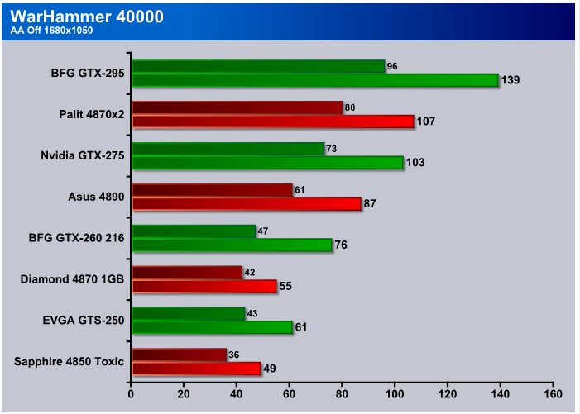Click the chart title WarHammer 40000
pyautogui.click(x=87, y=17)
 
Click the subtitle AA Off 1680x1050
pyautogui.click(x=51, y=31)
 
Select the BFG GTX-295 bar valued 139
pyautogui.click(x=315, y=80)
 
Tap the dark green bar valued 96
pyautogui.click(x=258, y=66)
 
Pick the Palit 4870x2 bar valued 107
pyautogui.click(x=273, y=121)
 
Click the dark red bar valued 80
pyautogui.click(x=237, y=107)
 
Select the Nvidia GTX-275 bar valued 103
pyautogui.click(x=268, y=163)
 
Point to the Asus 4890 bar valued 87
pyautogui.click(x=247, y=204)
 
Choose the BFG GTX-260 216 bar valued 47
pyautogui.click(x=194, y=231)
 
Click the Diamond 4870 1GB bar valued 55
pyautogui.click(x=204, y=286)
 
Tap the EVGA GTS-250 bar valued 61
pyautogui.click(x=213, y=327)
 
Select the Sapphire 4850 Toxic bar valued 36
pyautogui.click(x=180, y=355)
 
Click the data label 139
pyautogui.click(x=510, y=80)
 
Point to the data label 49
pyautogui.click(x=269, y=369)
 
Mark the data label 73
pyautogui.click(x=332, y=149)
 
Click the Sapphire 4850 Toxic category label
pyautogui.click(x=69, y=361)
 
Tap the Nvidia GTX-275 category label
pyautogui.click(x=83, y=155)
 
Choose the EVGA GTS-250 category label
pyautogui.click(x=84, y=320)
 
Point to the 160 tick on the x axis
pyautogui.click(x=554, y=394)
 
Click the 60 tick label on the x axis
pyautogui.click(x=290, y=394)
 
